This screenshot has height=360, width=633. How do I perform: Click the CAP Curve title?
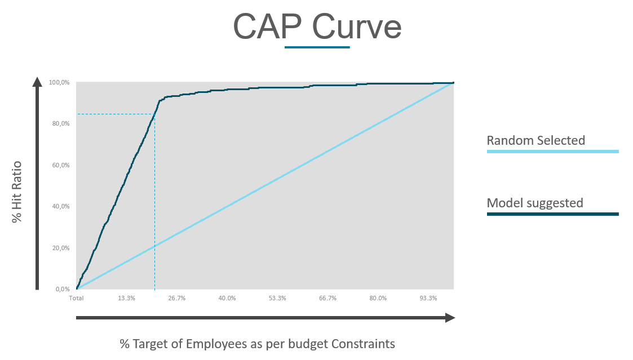pyautogui.click(x=317, y=26)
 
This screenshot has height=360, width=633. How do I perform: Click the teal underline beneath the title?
pyautogui.click(x=317, y=47)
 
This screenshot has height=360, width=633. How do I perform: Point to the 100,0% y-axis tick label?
pyautogui.click(x=59, y=83)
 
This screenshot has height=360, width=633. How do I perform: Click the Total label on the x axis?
pyautogui.click(x=76, y=298)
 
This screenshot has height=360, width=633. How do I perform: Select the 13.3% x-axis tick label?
pyautogui.click(x=126, y=298)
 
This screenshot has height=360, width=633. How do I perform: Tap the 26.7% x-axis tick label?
pyautogui.click(x=176, y=298)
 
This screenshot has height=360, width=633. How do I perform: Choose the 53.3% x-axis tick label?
pyautogui.click(x=277, y=298)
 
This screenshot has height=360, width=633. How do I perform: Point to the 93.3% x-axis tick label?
pyautogui.click(x=428, y=298)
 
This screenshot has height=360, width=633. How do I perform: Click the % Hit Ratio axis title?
pyautogui.click(x=17, y=192)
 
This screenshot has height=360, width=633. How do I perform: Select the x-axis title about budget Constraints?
pyautogui.click(x=257, y=344)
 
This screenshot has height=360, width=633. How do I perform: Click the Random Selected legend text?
pyautogui.click(x=535, y=140)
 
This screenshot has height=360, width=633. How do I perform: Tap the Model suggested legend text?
pyautogui.click(x=534, y=203)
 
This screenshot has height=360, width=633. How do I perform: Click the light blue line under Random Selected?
pyautogui.click(x=552, y=152)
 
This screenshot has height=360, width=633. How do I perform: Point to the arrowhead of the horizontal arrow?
pyautogui.click(x=450, y=318)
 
